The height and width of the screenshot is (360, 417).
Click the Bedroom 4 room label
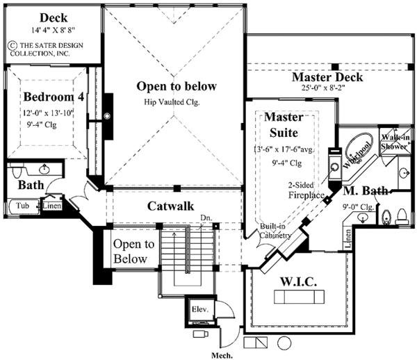click(54, 97)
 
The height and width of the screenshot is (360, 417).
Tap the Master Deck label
click(327, 76)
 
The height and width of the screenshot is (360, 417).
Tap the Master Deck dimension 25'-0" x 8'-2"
click(327, 89)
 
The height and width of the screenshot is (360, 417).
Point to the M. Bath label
click(366, 190)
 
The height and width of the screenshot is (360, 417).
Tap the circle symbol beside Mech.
click(284, 343)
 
